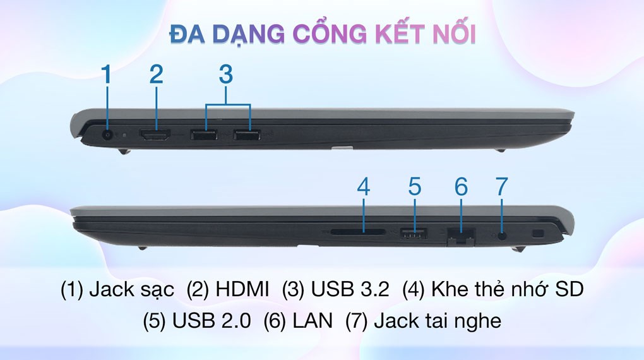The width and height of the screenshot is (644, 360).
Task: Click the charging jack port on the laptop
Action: (x=108, y=135)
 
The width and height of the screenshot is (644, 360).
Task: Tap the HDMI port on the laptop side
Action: (x=156, y=135)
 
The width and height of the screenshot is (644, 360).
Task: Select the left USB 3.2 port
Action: (x=204, y=135)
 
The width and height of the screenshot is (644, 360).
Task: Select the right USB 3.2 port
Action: (x=246, y=135)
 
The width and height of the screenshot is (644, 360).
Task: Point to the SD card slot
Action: (x=358, y=232)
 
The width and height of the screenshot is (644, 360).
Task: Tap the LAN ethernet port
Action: (x=461, y=237)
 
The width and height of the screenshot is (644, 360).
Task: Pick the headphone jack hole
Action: (x=502, y=236)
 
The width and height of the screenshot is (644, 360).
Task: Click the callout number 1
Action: (x=106, y=75)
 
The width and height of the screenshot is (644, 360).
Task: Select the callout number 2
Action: (x=156, y=75)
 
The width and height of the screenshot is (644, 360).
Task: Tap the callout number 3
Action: (x=226, y=75)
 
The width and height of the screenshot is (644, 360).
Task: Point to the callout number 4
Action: (x=364, y=186)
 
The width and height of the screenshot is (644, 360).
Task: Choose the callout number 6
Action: (x=461, y=186)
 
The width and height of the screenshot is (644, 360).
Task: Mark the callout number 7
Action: (x=501, y=186)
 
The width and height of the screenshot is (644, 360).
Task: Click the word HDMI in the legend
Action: (x=242, y=289)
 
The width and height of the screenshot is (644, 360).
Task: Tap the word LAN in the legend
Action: (x=313, y=321)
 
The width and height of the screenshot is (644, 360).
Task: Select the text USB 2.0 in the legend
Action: (x=212, y=321)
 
